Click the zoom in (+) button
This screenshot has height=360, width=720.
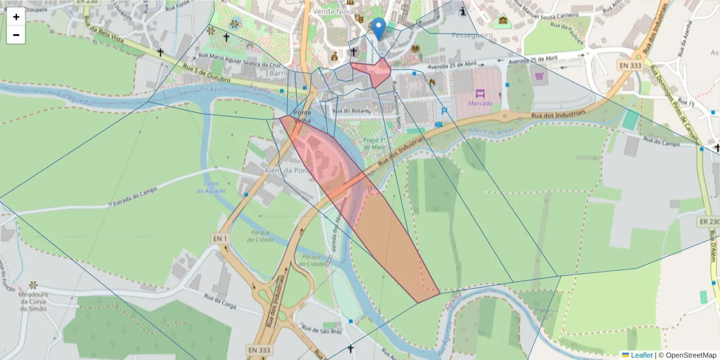pos(16,17)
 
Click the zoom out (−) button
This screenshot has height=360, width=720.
pos(16,35)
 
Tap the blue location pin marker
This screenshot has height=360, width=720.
pos(379,28)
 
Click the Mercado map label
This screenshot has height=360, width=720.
pos(480,103)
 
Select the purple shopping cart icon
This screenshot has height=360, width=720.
pos(539,76)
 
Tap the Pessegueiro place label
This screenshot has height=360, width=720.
pos(472,35)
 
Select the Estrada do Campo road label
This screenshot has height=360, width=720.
pos(133,196)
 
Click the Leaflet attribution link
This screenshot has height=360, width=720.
pos(641,355)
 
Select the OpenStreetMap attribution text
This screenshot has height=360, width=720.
pos(690,355)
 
